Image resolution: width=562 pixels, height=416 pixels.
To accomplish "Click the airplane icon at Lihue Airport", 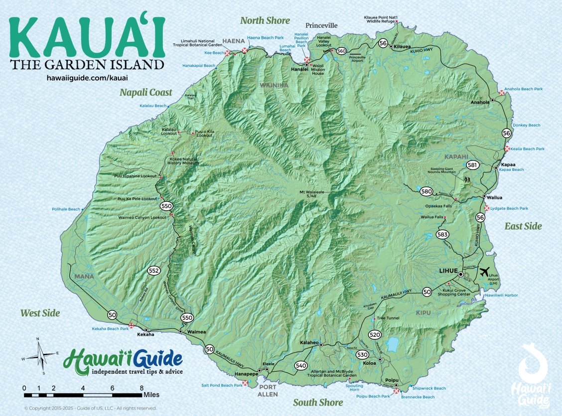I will [484, 272].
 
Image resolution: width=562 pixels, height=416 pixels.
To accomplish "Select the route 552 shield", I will [154, 271].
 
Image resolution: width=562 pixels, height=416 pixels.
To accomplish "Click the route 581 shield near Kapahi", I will [472, 165].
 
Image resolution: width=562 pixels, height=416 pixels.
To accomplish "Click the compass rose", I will [39, 355].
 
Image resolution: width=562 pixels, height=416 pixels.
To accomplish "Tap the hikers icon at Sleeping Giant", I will [467, 179].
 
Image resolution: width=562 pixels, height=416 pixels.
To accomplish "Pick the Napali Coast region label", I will [145, 92].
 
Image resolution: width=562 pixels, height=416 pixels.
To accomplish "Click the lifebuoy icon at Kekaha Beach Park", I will [132, 325].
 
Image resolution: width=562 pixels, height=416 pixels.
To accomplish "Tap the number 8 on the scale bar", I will [142, 388].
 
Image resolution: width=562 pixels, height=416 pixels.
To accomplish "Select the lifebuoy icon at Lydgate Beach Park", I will [486, 208].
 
